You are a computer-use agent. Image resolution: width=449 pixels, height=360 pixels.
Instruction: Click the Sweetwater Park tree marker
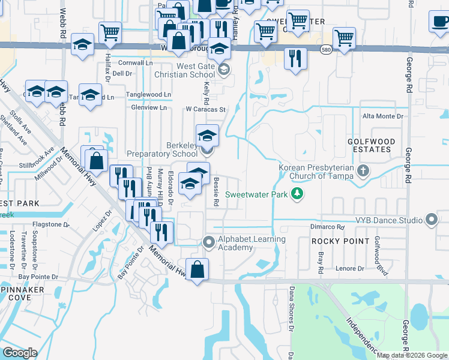point(296,194)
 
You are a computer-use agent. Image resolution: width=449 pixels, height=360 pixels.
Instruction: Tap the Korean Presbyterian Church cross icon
point(363,172)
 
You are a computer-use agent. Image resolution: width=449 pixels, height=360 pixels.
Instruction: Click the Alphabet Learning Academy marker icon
point(209,242)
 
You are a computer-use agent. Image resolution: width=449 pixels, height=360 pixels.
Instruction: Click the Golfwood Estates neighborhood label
point(372,145)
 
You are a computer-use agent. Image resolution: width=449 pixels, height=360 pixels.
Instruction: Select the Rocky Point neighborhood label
point(340,241)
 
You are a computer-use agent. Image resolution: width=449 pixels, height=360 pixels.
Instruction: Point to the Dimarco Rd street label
point(327,227)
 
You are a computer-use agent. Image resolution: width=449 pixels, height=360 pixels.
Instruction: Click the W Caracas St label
point(205,110)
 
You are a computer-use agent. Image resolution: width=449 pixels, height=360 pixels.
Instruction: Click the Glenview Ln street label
point(149,107)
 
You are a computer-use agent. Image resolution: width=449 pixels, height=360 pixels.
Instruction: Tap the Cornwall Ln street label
point(136,62)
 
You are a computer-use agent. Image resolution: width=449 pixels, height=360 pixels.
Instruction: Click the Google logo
point(20,353)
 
